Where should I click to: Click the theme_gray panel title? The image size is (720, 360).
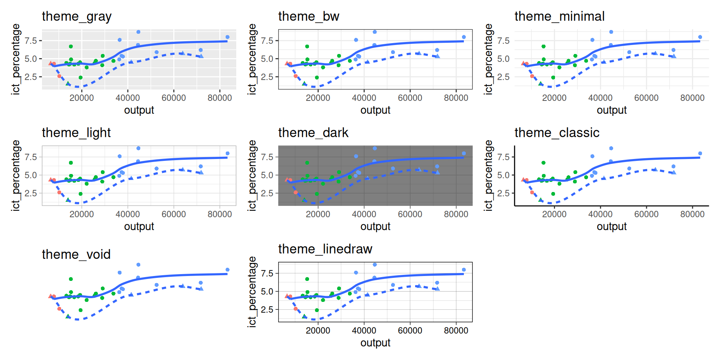click(x=76, y=16)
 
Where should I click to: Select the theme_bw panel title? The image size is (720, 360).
click(x=309, y=16)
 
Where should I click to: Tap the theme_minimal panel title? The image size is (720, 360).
click(x=559, y=16)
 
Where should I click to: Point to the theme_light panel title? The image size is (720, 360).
click(x=76, y=133)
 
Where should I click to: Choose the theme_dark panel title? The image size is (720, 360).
click(x=313, y=133)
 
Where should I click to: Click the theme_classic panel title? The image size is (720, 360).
click(x=557, y=133)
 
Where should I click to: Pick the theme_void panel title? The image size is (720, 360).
click(x=76, y=255)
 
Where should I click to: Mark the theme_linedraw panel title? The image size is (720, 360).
click(x=325, y=249)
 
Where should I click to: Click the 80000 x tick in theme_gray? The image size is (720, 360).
click(x=220, y=98)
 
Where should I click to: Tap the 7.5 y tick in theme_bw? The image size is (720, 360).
click(x=267, y=40)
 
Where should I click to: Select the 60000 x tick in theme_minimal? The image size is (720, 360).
click(x=646, y=98)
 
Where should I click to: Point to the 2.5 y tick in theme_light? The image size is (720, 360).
click(x=31, y=193)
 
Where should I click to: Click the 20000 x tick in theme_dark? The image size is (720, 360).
click(x=318, y=214)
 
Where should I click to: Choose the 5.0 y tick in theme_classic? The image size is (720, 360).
click(x=503, y=175)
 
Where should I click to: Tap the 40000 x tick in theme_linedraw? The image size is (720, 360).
click(x=364, y=330)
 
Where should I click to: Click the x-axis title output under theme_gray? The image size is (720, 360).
click(x=139, y=110)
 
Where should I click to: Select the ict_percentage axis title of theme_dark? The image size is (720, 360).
click(x=252, y=175)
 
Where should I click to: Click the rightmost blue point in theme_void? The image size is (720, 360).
click(x=228, y=270)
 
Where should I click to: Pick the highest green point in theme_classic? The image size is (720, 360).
click(x=543, y=163)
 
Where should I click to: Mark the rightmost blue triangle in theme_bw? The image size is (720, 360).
click(x=438, y=56)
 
